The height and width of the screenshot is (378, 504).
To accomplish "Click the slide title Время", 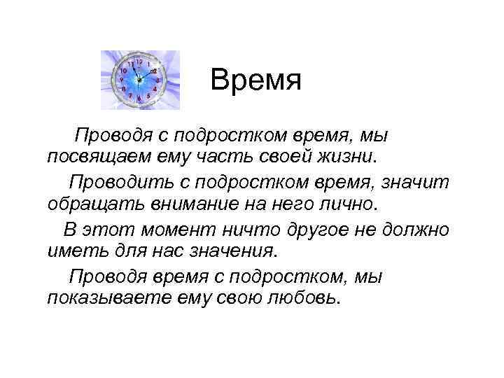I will tap(255, 83).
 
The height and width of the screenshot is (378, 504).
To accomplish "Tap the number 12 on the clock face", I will tap(139, 62).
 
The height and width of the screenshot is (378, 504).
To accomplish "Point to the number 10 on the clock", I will tap(124, 71).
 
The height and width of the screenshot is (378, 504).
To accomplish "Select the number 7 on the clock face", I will tap(130, 95).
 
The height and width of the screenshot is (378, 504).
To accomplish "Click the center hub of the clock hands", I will tap(140, 80).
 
